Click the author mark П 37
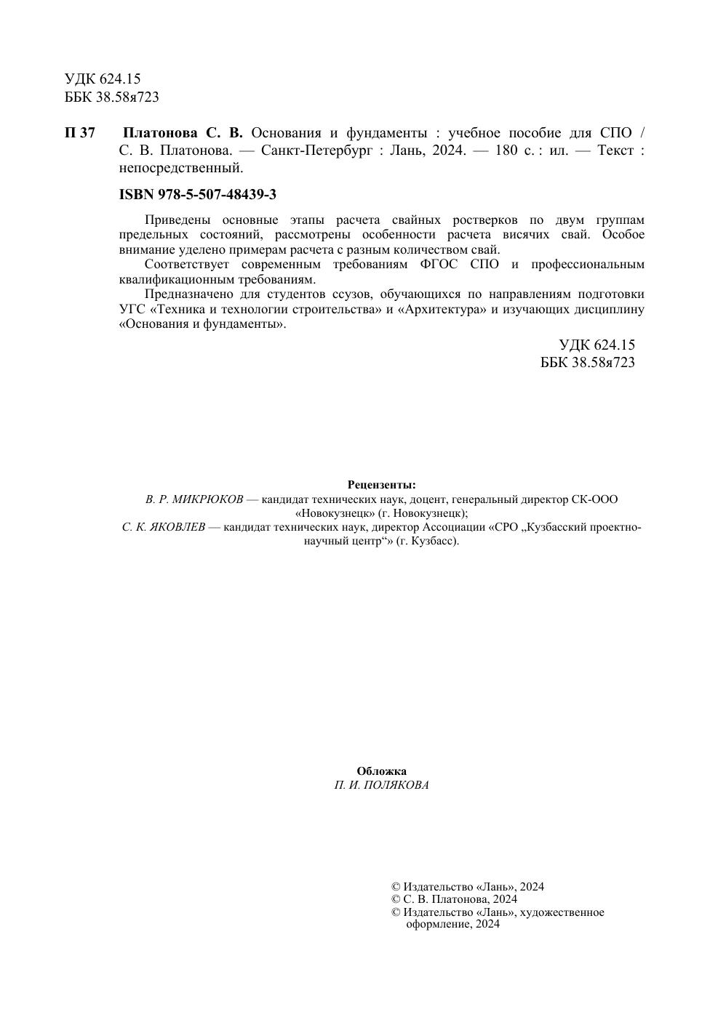[x=80, y=133]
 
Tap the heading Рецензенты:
[x=381, y=485]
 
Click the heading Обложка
[x=381, y=771]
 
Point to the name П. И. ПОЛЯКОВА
[x=381, y=785]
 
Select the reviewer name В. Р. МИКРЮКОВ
[x=194, y=499]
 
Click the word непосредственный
[x=180, y=169]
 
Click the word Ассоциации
[x=453, y=527]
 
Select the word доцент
[x=429, y=499]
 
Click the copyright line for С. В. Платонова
[x=454, y=899]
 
